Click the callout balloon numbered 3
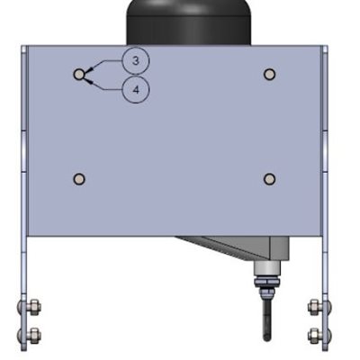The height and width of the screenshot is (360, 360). pyautogui.click(x=135, y=60)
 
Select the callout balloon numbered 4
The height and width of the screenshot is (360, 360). pyautogui.click(x=135, y=90)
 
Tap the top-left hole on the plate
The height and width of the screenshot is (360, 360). pyautogui.click(x=79, y=74)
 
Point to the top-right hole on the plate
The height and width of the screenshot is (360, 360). pyautogui.click(x=268, y=74)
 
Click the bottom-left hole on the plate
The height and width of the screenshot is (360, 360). pyautogui.click(x=79, y=179)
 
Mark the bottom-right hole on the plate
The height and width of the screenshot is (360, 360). pyautogui.click(x=268, y=179)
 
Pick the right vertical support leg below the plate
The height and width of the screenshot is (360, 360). pyautogui.click(x=325, y=270)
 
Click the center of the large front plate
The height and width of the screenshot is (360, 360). pyautogui.click(x=174, y=139)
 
